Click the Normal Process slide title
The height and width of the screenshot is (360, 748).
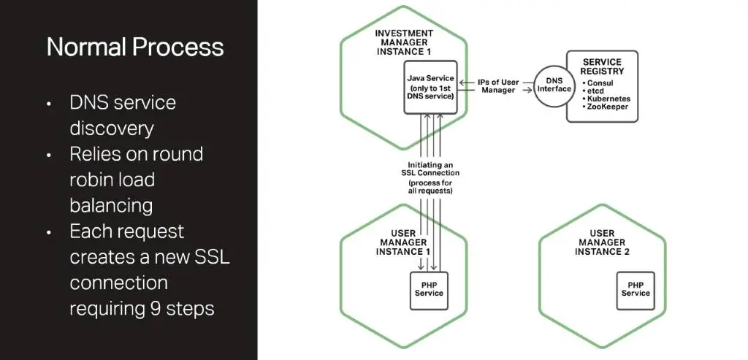pos(135,47)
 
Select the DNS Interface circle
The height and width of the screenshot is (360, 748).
pos(554,84)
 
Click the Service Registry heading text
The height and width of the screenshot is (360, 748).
pos(603,66)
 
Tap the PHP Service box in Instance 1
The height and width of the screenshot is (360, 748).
pos(430,288)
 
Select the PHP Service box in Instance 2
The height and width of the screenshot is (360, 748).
pos(636,288)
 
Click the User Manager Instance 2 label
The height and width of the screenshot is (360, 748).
pos(602,242)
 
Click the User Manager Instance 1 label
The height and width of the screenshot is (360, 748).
pos(403,242)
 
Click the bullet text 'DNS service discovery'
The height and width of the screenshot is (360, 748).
pos(122,115)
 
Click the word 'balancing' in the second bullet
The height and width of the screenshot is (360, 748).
pos(110,205)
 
